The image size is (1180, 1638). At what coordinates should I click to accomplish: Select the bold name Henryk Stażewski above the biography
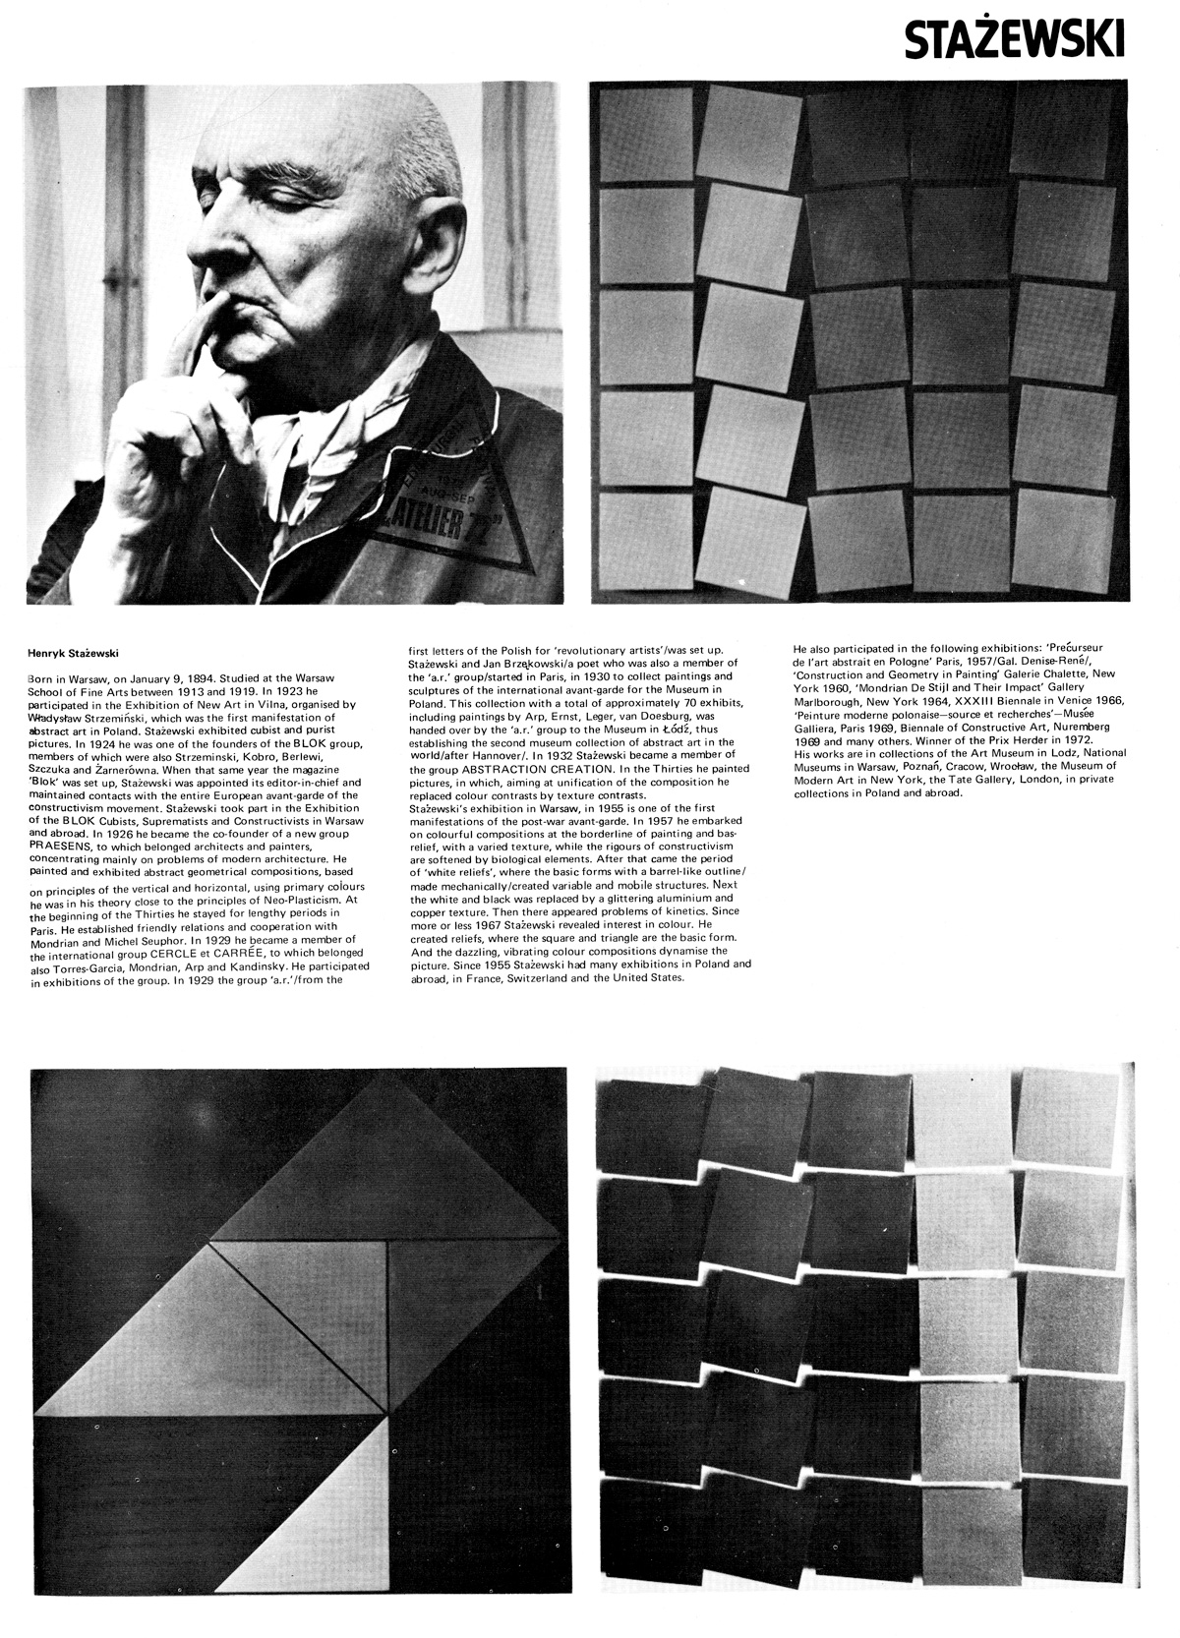[x=72, y=651]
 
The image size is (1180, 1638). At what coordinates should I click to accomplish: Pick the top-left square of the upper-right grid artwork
[x=644, y=136]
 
